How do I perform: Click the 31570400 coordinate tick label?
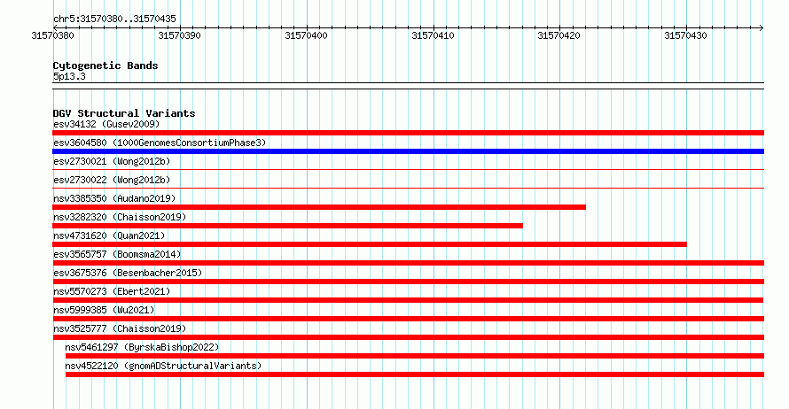point(306,35)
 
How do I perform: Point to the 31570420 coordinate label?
point(559,35)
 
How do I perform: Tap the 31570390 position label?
point(179,35)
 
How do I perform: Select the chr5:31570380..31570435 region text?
point(114,19)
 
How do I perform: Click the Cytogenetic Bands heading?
point(105,66)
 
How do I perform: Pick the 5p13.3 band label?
point(69,76)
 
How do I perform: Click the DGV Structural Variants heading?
point(124,113)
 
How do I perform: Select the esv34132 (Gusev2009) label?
point(106,124)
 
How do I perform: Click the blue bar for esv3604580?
point(408,151)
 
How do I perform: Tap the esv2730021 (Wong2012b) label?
point(112,161)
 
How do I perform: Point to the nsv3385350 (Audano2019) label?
point(114,198)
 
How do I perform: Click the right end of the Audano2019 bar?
point(585,207)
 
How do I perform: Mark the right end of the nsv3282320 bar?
point(522,226)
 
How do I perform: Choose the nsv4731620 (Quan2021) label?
point(109,235)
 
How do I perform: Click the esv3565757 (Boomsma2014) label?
point(117,254)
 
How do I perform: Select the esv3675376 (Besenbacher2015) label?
point(128,273)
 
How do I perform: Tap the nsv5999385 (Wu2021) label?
point(104,310)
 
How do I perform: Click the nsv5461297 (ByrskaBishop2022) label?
point(142,347)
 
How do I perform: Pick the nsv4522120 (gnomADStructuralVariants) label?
point(163,366)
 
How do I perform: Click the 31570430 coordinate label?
point(685,35)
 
